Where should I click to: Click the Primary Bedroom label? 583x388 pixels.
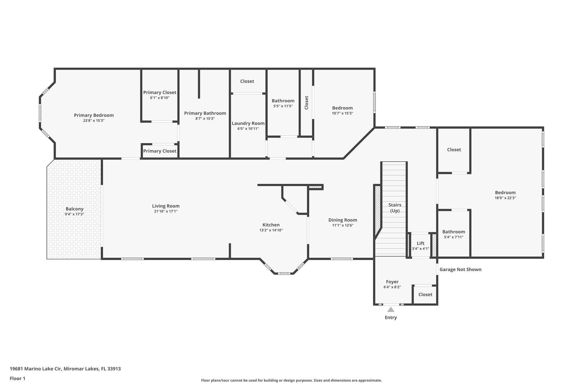tap(94, 115)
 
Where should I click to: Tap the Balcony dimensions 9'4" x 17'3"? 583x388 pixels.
tap(74, 214)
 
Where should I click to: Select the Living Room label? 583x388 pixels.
tap(166, 206)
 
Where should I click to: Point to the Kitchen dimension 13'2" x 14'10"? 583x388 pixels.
tap(271, 230)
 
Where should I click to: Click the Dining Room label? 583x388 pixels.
tap(342, 220)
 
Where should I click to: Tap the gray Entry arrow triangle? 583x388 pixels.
tap(391, 310)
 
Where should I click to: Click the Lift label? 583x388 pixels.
tap(420, 243)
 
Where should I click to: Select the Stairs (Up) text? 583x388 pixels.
tap(395, 208)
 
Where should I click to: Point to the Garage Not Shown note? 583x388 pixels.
tap(460, 269)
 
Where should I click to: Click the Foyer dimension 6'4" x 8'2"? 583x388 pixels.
tap(392, 287)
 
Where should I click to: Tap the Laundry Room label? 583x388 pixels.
tap(248, 123)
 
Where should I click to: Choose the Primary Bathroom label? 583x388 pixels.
tap(205, 113)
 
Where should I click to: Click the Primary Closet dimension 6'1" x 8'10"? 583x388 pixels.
tap(160, 98)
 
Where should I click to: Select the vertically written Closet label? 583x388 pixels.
tap(307, 103)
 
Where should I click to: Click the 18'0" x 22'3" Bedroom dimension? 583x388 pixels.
tap(505, 198)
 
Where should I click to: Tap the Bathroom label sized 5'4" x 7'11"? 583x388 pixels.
tap(453, 232)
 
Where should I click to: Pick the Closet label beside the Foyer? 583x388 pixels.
tap(425, 294)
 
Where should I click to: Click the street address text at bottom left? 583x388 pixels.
tap(65, 369)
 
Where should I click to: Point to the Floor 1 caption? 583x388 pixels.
tap(17, 378)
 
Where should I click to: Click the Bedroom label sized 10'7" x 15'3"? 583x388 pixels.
tap(342, 108)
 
